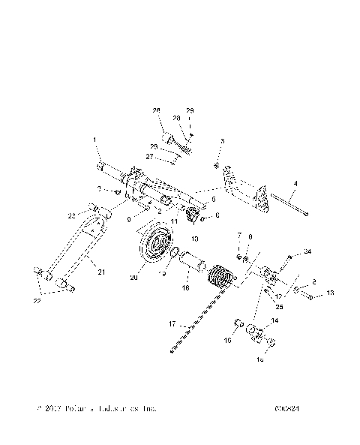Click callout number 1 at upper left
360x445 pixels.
(95, 140)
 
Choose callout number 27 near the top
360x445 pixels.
(148, 157)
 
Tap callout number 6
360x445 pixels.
(217, 215)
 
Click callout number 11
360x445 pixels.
(173, 222)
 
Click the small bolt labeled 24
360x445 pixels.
(289, 260)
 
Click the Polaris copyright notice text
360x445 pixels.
(96, 409)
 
